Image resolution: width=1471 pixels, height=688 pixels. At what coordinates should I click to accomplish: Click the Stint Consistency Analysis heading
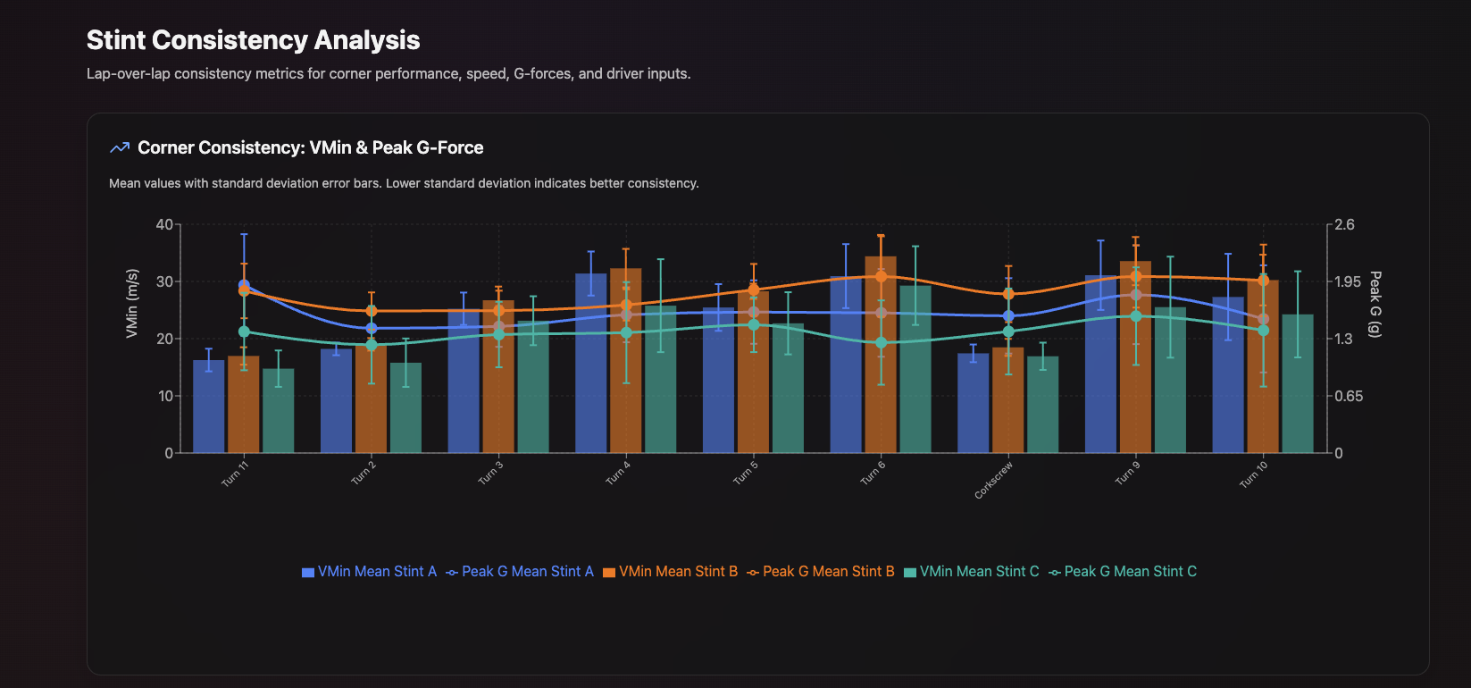tap(253, 40)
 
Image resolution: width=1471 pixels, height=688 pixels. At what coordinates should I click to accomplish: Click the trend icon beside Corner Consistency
tap(120, 148)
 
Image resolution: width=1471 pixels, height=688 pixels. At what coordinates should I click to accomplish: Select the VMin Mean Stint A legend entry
tap(369, 572)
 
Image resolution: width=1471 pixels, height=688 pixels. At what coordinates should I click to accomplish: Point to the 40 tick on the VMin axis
tap(164, 224)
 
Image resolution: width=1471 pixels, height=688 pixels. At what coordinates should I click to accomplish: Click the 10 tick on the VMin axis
tap(164, 396)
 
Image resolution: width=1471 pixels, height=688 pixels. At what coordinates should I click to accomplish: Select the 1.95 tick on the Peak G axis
tap(1348, 281)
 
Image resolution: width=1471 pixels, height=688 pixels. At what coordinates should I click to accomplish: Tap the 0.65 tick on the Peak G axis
tap(1348, 396)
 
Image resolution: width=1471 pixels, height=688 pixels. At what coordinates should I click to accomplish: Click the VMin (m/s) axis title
tap(132, 303)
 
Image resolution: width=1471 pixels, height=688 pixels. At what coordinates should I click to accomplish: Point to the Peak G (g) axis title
tap(1375, 304)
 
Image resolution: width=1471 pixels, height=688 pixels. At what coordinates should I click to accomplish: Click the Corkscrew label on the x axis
tap(993, 480)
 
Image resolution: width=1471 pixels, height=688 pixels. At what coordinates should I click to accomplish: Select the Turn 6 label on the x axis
tap(873, 472)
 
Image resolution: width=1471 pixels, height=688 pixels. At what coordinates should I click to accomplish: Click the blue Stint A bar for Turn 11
tap(209, 407)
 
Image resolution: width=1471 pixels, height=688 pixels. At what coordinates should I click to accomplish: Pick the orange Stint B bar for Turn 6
tap(881, 357)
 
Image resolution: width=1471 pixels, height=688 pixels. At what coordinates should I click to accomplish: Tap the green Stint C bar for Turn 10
tap(1298, 384)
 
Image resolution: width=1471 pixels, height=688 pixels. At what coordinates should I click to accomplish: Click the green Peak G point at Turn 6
tap(882, 343)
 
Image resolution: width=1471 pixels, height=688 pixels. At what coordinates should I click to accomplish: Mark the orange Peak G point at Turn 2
tap(372, 311)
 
